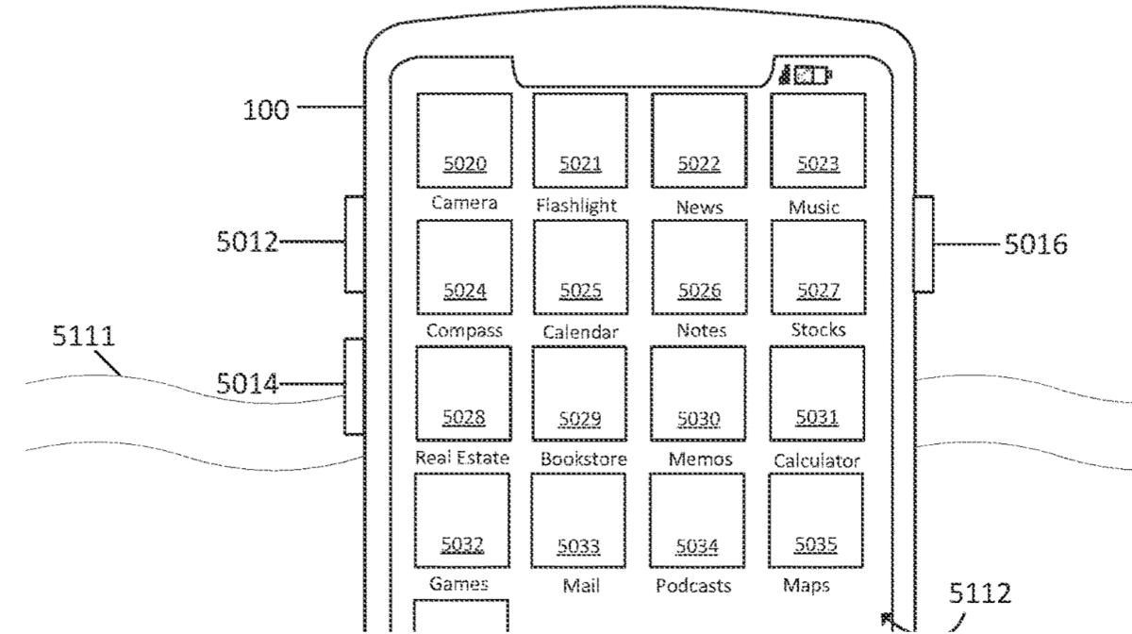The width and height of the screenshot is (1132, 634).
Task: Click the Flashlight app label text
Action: pyautogui.click(x=576, y=206)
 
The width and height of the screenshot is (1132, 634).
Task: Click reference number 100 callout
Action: pyautogui.click(x=267, y=110)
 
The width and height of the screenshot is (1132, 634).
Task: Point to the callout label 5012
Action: pyautogui.click(x=248, y=242)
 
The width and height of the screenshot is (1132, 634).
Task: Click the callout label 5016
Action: pyautogui.click(x=1035, y=245)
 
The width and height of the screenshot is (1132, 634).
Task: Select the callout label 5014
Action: pyautogui.click(x=248, y=384)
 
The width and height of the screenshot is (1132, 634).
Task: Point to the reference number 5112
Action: pyautogui.click(x=979, y=593)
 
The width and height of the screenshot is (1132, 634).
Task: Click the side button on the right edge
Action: pyautogui.click(x=924, y=243)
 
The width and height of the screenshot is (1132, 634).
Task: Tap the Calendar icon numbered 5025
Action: pyautogui.click(x=580, y=267)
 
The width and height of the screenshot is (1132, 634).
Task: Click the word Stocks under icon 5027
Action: pyautogui.click(x=818, y=331)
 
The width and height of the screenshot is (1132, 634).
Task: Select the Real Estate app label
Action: pyautogui.click(x=462, y=459)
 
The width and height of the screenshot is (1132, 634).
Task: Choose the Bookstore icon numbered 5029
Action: pyautogui.click(x=579, y=393)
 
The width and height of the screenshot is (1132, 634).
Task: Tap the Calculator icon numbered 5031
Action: pyautogui.click(x=817, y=393)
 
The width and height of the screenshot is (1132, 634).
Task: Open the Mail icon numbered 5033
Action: pyautogui.click(x=577, y=521)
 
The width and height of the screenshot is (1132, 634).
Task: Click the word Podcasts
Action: pyautogui.click(x=693, y=586)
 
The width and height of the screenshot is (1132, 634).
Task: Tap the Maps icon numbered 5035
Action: pyautogui.click(x=816, y=521)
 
